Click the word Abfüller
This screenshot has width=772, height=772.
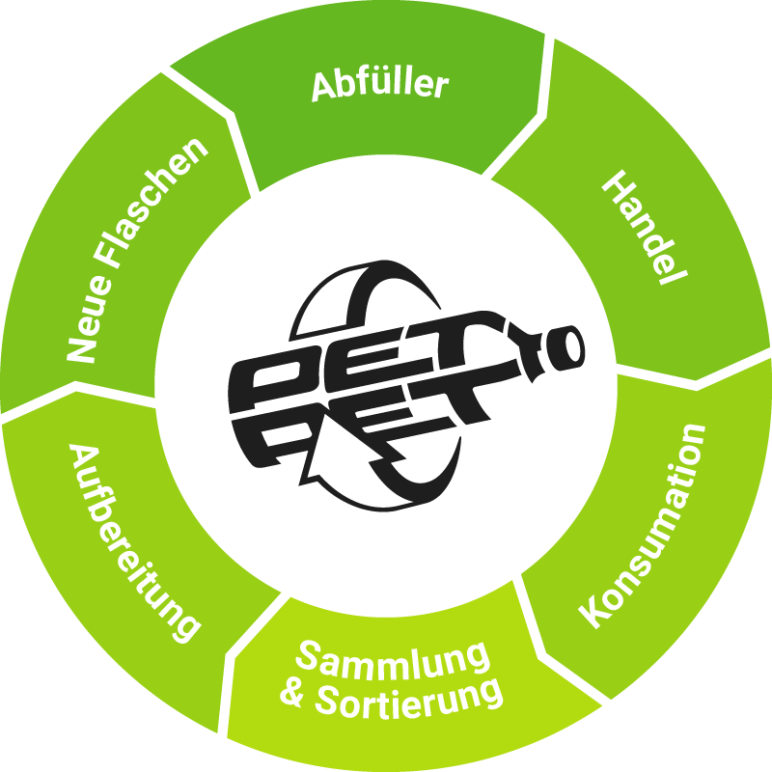tap(380, 86)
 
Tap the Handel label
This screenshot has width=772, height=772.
tap(645, 227)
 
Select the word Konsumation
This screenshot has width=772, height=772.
tap(643, 526)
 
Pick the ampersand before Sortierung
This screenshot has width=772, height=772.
tap(293, 694)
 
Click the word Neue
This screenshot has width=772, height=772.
tap(88, 320)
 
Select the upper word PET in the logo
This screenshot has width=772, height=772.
tap(374, 359)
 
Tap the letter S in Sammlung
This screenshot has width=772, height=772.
tap(308, 655)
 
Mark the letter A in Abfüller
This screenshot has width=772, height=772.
tap(325, 88)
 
